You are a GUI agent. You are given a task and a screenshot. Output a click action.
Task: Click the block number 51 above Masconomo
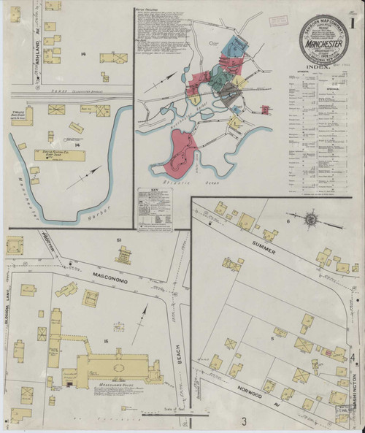point(118,240)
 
